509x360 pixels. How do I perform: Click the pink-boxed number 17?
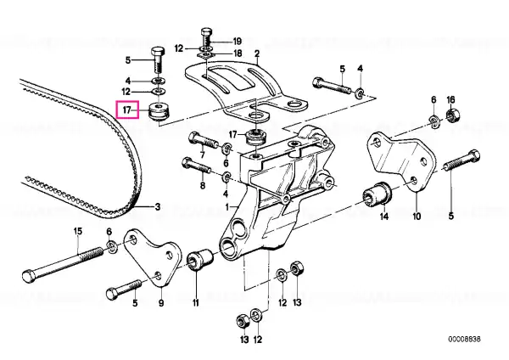pos(126,110)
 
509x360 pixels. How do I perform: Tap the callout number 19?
pos(238,42)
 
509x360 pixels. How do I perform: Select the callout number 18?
pos(238,53)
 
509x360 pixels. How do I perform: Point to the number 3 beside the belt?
pos(158,206)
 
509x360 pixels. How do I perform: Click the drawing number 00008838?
pos(464,340)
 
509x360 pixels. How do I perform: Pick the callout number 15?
pos(78,232)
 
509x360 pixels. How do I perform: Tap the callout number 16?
pos(450,99)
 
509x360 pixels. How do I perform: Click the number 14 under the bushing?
pos(384,216)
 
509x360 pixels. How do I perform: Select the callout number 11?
pos(195,303)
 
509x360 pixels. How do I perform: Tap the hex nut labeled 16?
pos(450,115)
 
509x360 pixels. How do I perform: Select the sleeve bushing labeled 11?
pos(200,259)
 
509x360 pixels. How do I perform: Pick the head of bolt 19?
pos(206,32)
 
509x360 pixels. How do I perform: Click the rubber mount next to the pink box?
pos(159,111)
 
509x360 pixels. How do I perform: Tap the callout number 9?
pos(161,303)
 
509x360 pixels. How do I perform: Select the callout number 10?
pos(417,216)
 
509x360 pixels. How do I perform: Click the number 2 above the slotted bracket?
pos(257,53)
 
